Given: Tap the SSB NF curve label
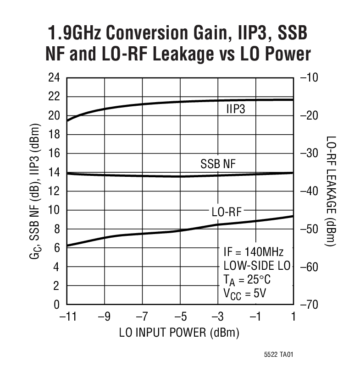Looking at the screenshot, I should click(x=218, y=164).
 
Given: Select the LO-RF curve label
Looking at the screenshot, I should click(x=226, y=212).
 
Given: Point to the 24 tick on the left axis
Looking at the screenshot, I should click(x=54, y=78).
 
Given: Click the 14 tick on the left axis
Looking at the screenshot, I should click(x=54, y=172).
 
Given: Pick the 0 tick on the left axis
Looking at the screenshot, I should click(x=57, y=305).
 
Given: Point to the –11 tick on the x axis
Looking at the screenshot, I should click(x=66, y=316).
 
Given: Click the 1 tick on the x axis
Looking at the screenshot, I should click(x=293, y=316).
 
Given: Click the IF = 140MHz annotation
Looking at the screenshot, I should click(x=254, y=252).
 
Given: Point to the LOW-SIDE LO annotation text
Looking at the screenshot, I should click(x=256, y=266).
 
